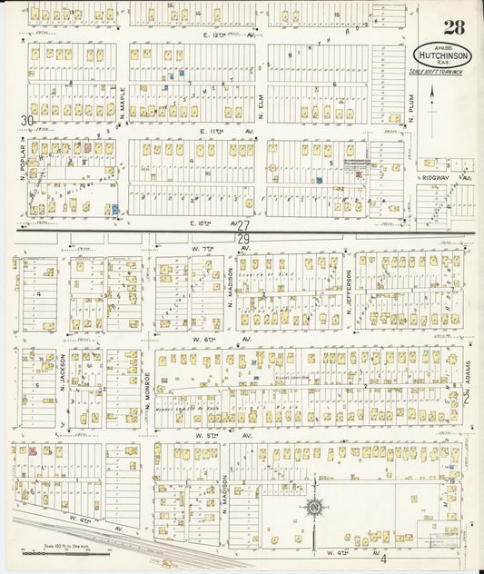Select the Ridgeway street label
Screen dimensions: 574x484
[x=440, y=178]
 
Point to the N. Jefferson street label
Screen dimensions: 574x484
[x=348, y=292]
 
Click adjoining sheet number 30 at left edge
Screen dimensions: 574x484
[x=28, y=120]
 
